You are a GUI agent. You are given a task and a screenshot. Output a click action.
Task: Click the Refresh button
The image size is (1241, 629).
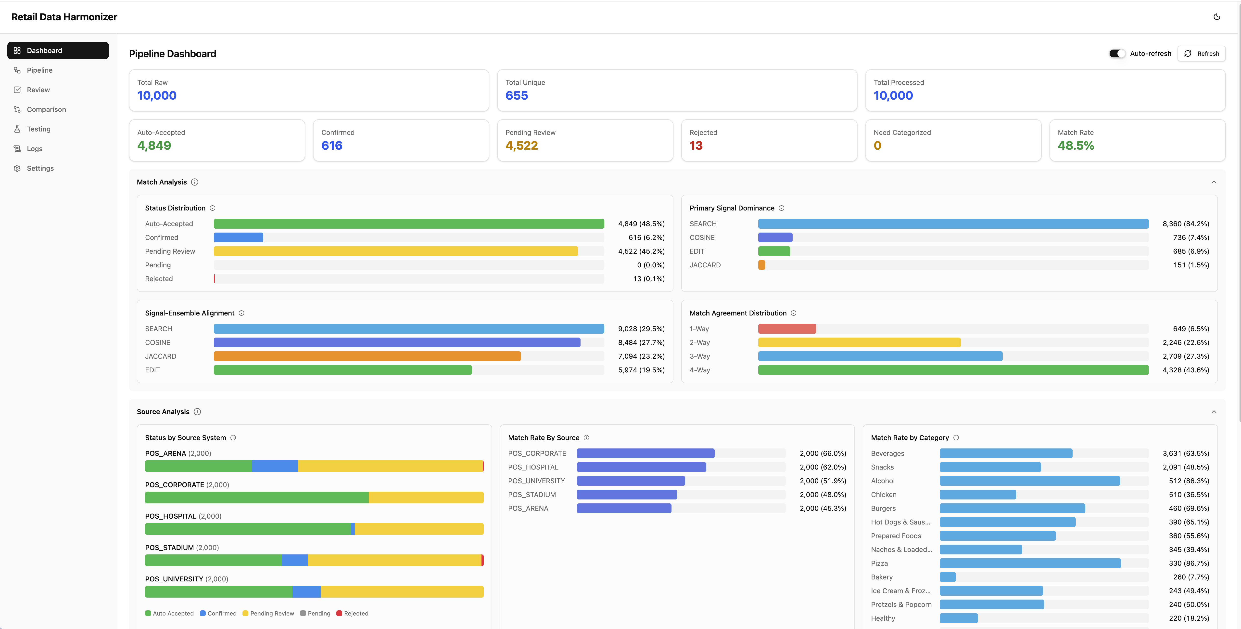1202,53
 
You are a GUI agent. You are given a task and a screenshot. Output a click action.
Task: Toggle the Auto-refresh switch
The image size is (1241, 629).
1117,53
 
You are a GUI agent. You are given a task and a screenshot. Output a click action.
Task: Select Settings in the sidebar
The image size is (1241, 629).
40,168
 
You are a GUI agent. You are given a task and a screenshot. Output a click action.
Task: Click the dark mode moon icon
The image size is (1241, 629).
1216,17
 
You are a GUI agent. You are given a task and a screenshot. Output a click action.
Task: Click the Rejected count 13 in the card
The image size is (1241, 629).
696,145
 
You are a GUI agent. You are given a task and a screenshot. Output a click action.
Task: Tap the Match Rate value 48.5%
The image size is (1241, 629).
1075,145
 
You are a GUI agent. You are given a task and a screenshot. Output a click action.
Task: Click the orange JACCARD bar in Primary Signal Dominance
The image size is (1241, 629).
761,265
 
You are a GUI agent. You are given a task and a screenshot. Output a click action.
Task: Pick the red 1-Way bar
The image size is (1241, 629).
787,329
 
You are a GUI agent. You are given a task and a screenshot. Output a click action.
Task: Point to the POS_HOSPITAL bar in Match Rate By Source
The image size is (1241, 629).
641,467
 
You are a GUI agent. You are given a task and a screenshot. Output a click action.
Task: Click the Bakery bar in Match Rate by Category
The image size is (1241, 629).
947,577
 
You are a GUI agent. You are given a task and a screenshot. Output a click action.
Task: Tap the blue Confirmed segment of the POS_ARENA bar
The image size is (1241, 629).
275,466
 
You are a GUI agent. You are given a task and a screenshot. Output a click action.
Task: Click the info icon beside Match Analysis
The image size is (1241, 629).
195,182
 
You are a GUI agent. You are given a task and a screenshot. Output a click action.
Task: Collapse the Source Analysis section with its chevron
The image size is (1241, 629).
1214,412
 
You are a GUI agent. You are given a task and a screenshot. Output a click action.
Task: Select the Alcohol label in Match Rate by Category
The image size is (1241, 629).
883,481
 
